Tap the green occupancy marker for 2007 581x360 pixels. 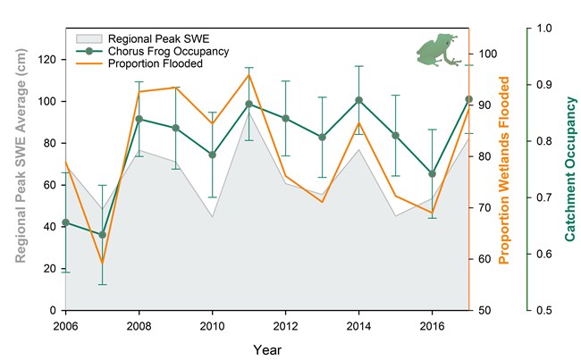coord(102,235)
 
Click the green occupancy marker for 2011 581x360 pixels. coord(248,104)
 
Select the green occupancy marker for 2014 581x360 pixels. coord(358,100)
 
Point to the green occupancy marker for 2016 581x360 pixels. coord(432,174)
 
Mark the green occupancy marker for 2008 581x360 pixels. coord(139,119)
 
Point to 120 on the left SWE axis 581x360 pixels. coord(47,60)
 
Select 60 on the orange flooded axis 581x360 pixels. coord(485,259)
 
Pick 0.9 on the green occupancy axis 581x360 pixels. coord(543,85)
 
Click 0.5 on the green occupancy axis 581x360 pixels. coord(543,311)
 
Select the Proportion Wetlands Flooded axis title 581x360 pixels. coord(505,170)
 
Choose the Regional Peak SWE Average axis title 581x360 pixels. coord(17,170)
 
